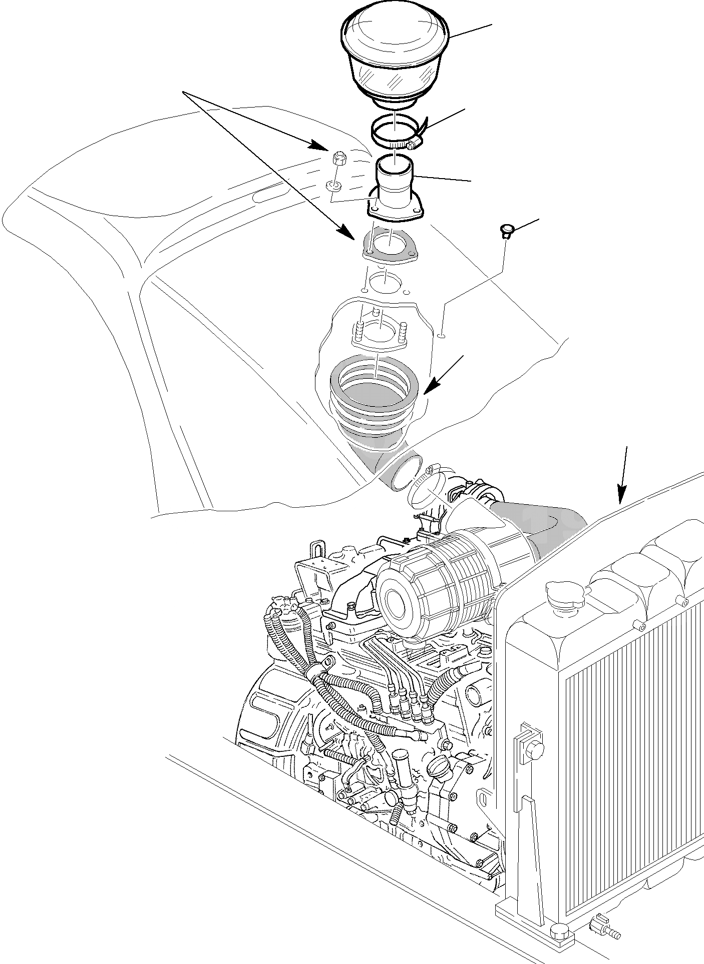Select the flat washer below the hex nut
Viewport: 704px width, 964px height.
(x=334, y=187)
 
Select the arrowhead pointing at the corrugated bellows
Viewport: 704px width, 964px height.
(x=431, y=387)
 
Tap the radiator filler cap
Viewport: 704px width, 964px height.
(x=565, y=593)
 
